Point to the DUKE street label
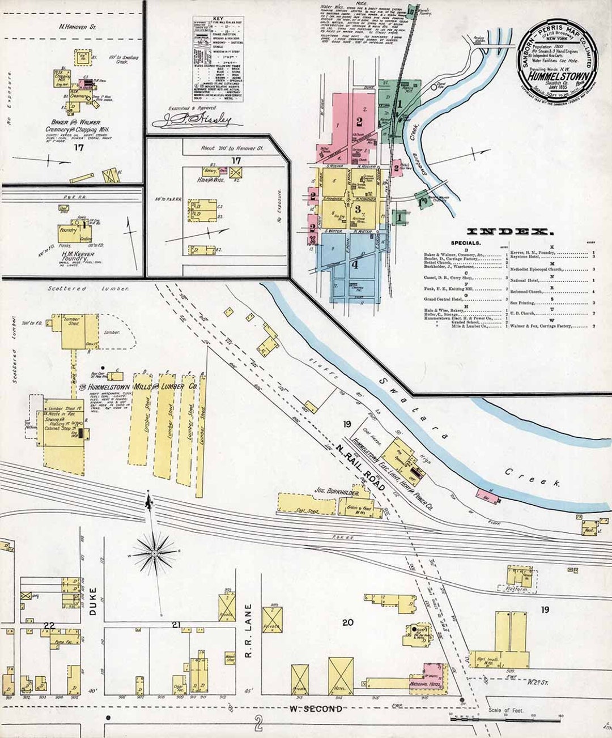[93, 602]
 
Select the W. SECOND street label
[316, 709]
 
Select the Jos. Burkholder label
[338, 490]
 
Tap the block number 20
[347, 622]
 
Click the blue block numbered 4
[355, 263]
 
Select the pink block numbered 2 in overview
[359, 121]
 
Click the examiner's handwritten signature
[199, 120]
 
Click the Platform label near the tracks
[518, 589]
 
